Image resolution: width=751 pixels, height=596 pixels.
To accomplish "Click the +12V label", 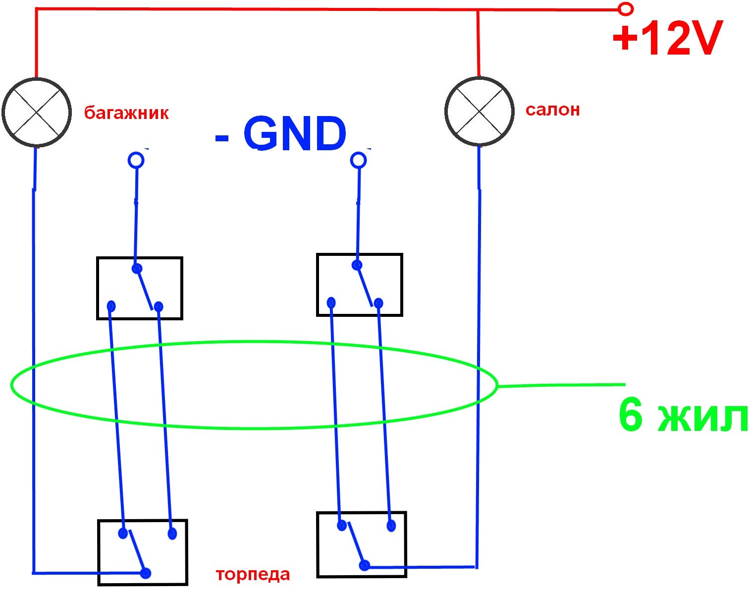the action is point(668,38).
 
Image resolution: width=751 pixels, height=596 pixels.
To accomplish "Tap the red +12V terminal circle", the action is point(626,9).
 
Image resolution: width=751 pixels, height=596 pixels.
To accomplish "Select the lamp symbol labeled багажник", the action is point(37,112).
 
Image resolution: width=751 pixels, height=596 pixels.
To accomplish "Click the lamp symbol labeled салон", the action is point(479,111).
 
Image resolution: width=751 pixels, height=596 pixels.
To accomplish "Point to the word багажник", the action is point(126,113).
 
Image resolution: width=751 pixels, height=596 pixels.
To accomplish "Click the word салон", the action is point(553,110).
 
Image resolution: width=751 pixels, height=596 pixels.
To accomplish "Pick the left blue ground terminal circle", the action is point(136,160).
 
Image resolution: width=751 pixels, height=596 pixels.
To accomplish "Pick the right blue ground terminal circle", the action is point(358,160).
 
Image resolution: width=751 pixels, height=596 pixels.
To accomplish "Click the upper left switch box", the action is point(140,288).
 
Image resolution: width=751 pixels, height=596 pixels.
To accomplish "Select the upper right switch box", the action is point(360,285).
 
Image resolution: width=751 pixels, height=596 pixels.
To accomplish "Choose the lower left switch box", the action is point(142,552).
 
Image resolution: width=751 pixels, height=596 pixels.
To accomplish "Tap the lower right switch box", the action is point(362,544).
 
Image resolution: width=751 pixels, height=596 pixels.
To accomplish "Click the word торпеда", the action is point(253,575).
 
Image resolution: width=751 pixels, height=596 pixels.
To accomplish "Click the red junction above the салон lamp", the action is point(478,10).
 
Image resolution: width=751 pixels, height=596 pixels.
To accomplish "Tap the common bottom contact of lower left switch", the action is point(146,573).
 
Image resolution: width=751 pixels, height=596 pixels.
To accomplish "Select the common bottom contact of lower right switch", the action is point(364,566).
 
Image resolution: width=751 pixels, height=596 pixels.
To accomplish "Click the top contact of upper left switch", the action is point(137,269).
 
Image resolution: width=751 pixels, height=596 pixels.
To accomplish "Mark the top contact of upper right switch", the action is point(357,265).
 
